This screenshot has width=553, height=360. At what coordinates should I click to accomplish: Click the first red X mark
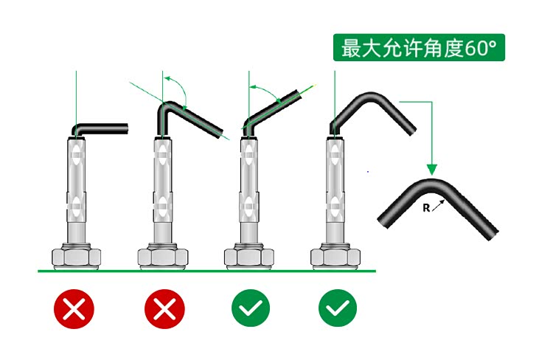(x=74, y=309)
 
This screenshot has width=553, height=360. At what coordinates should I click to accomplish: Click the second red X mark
(x=164, y=309)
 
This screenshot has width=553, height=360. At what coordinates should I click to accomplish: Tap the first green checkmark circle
(x=251, y=308)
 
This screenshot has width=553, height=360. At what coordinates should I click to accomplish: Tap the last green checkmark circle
(x=338, y=308)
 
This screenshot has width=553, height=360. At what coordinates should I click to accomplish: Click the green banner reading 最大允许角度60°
(x=419, y=48)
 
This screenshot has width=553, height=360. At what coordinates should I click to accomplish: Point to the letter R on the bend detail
(x=426, y=208)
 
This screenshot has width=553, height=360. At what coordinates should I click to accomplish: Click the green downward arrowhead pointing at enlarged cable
(x=431, y=170)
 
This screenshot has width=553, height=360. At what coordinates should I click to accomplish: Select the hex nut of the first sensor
(x=77, y=257)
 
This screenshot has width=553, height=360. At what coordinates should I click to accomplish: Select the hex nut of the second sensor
(x=163, y=257)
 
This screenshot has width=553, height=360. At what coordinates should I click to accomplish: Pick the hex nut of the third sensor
(x=249, y=257)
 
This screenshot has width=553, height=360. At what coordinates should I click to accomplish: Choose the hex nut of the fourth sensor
(x=335, y=257)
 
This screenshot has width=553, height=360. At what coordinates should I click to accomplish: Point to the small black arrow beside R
(x=439, y=205)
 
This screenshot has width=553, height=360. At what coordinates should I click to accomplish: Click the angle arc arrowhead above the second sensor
(x=167, y=78)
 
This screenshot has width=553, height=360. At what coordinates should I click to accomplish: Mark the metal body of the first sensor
(x=76, y=190)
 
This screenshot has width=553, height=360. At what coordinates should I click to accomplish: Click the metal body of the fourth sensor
(x=335, y=190)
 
